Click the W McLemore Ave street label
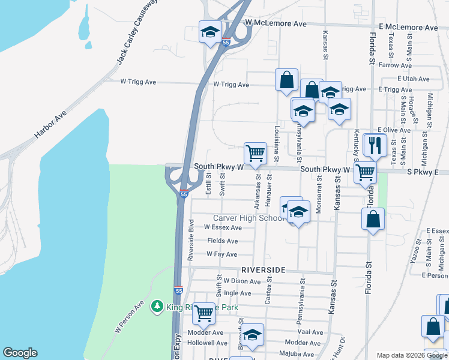coord(276,23)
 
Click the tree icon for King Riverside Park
coord(157,307)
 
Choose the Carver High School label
coord(249,218)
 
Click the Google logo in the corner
coord(20,353)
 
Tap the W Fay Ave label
coord(221,254)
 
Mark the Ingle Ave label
coord(237,293)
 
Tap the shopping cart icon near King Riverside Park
coord(203,312)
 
